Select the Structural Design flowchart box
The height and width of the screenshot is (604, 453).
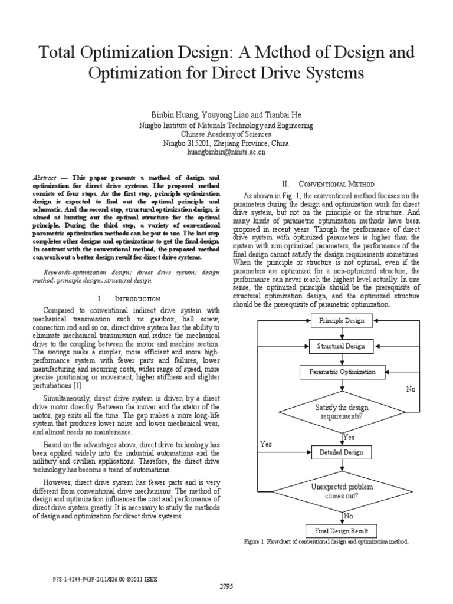coord(342,347)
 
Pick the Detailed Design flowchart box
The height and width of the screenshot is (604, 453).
coord(342,452)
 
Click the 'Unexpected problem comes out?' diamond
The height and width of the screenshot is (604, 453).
coord(342,491)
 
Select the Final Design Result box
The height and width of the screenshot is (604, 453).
coord(342,530)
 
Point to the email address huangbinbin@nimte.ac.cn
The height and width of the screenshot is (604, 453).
coord(226,152)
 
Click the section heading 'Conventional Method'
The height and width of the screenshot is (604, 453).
coord(337,184)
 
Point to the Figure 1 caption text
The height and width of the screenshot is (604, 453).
coord(326,541)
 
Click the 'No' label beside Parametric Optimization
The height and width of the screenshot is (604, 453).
coord(411,389)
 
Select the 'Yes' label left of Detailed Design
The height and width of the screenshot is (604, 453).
coord(265,444)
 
